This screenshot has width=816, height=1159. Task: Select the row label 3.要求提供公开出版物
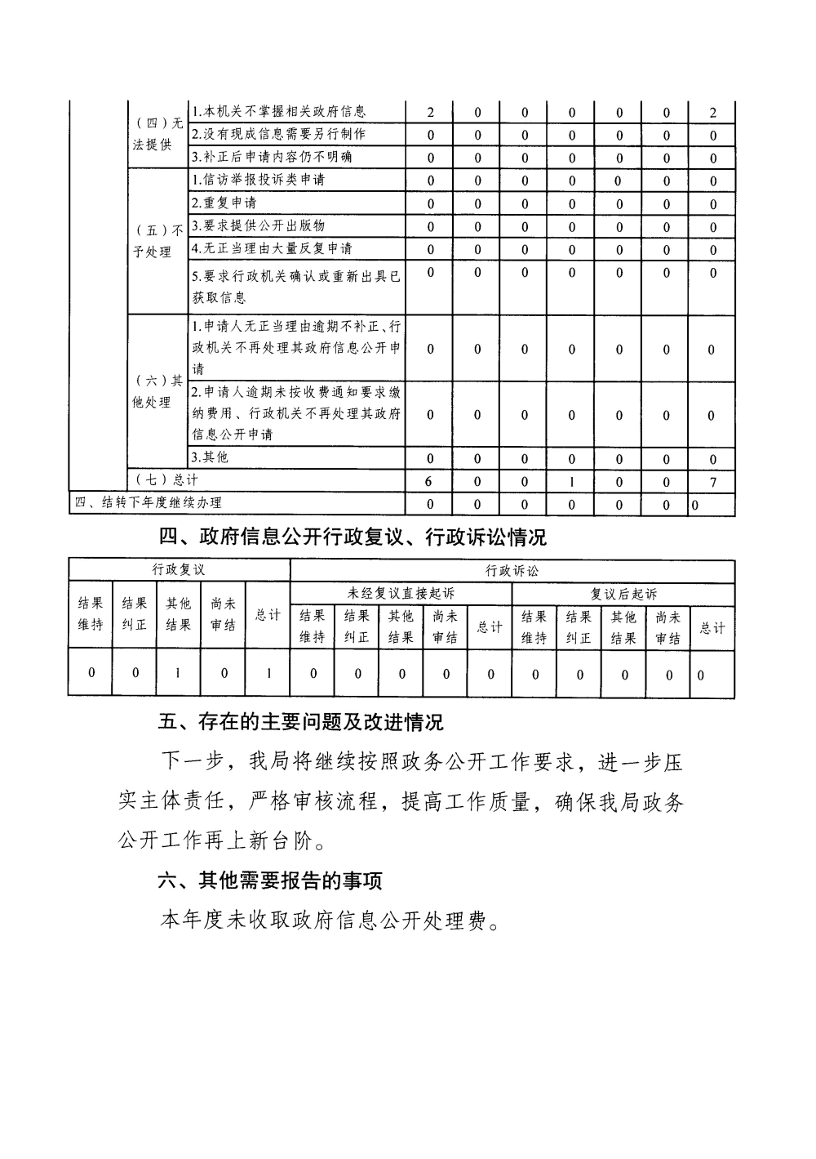(x=258, y=225)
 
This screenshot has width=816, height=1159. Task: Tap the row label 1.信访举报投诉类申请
(x=258, y=180)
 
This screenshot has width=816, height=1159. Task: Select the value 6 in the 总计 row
(x=429, y=482)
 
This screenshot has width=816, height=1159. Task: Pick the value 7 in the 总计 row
(x=712, y=482)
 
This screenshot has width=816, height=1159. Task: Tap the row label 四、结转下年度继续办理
(x=148, y=503)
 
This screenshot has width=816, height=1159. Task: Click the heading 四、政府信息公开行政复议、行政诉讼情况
(x=352, y=537)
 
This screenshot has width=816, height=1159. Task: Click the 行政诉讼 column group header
(x=512, y=571)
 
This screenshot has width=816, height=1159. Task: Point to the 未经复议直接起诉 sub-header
(x=401, y=594)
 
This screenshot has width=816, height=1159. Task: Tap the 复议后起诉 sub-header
(x=623, y=594)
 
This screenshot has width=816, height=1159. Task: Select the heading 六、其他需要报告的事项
(x=270, y=880)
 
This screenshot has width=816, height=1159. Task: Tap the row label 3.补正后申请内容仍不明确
(x=272, y=157)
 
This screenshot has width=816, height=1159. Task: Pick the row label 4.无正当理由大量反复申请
(x=272, y=248)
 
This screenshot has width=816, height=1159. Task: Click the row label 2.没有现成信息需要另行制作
(x=278, y=134)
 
